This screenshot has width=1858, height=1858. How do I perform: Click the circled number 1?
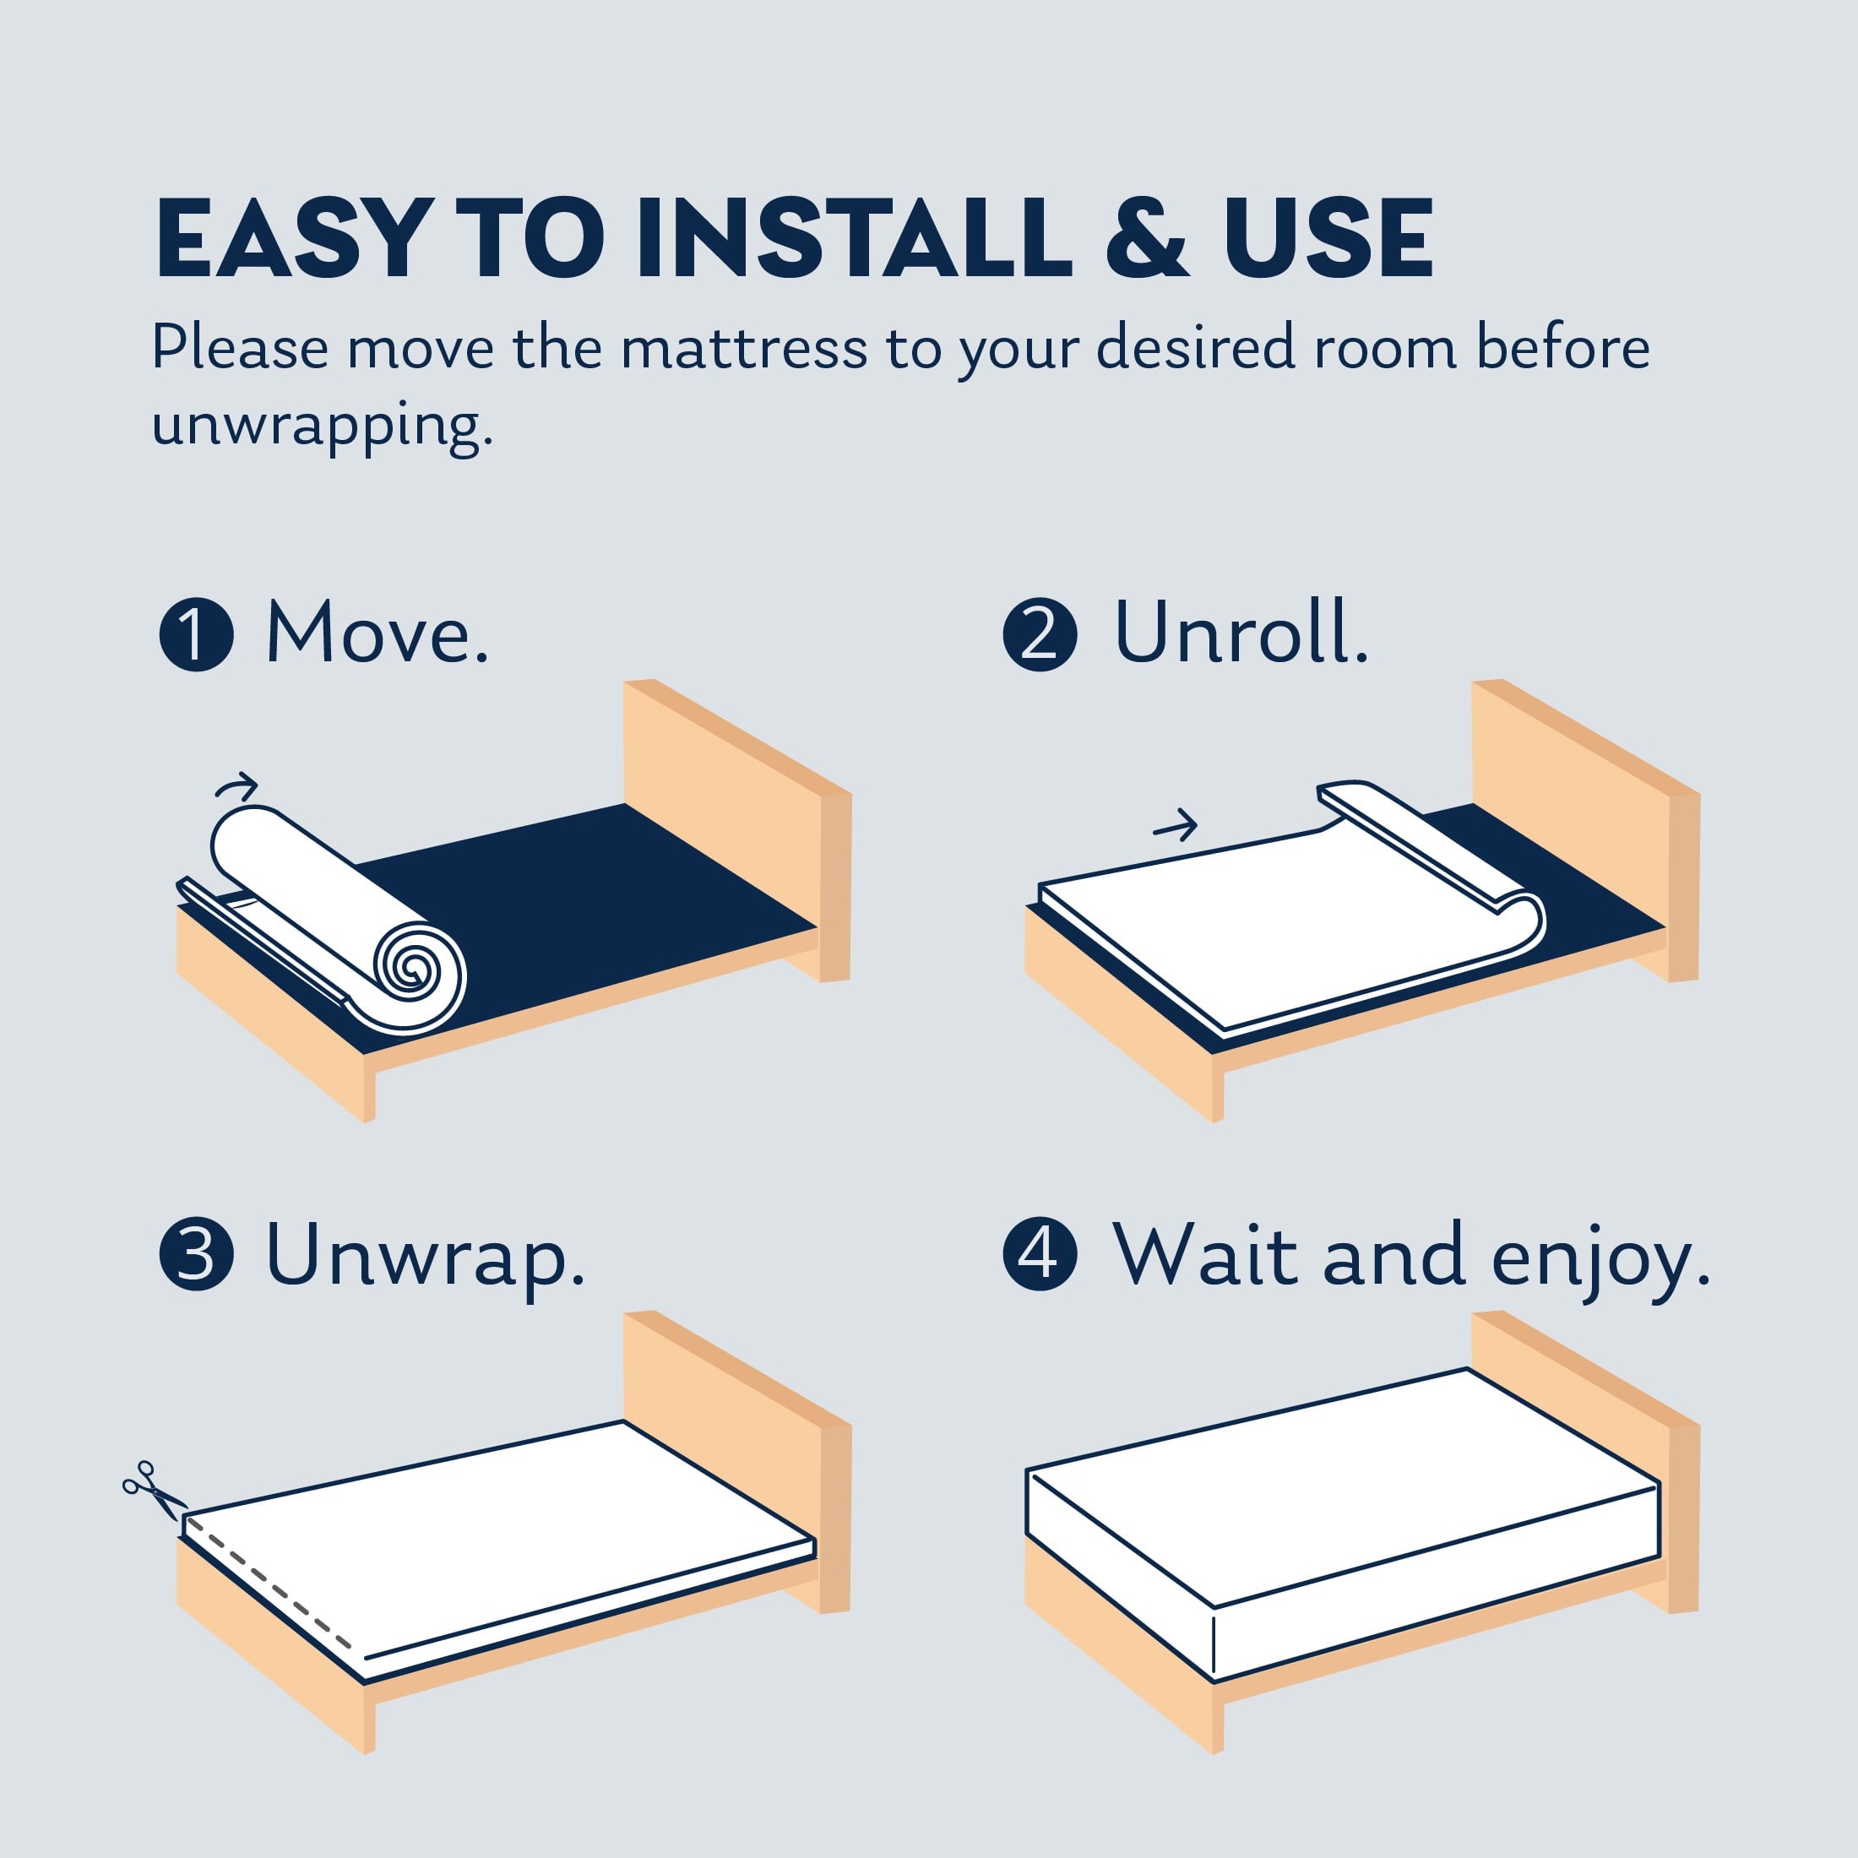pyautogui.click(x=196, y=635)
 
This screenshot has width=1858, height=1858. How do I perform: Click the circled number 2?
pyautogui.click(x=1040, y=635)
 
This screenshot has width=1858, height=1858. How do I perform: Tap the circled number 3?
pyautogui.click(x=196, y=1255)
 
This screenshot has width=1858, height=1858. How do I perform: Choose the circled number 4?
pyautogui.click(x=1040, y=1255)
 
